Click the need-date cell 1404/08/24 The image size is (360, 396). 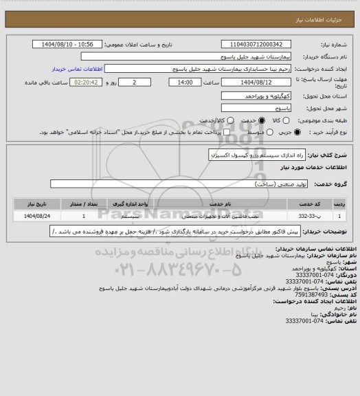36,215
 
